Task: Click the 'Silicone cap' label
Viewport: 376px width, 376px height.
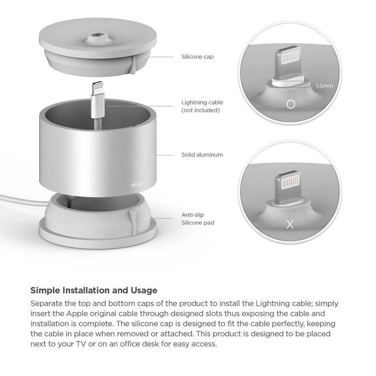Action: tap(197, 57)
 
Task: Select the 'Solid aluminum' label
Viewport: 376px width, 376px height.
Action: tap(202, 155)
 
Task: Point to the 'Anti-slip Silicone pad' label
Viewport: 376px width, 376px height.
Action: tap(198, 218)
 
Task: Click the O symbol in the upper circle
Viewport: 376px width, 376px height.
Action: tap(289, 105)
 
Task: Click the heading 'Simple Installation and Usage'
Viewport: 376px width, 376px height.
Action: tap(94, 290)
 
